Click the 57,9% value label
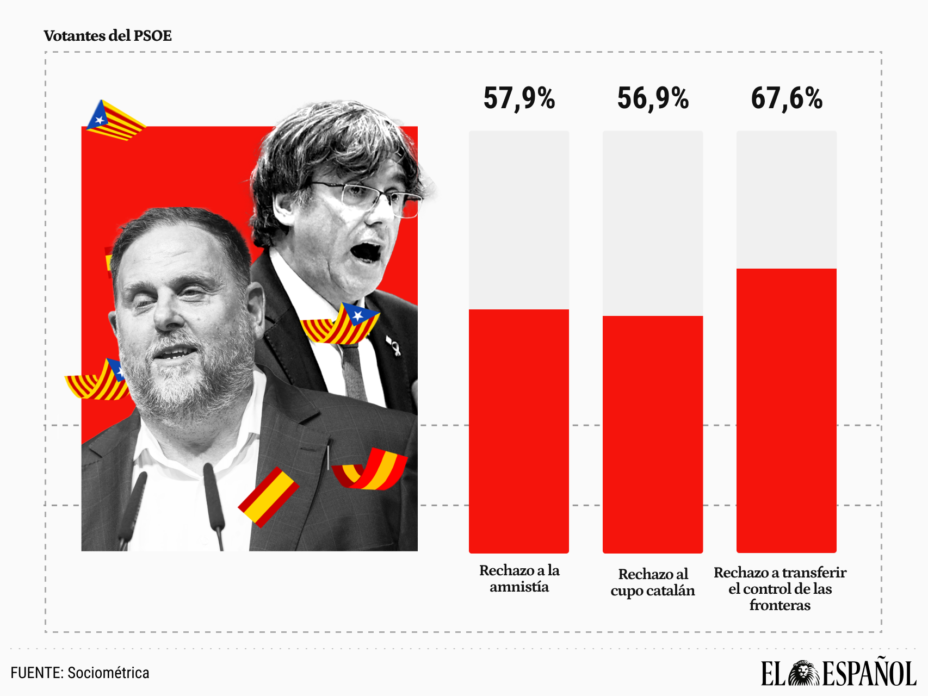(x=519, y=99)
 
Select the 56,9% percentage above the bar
(x=653, y=99)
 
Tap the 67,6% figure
(x=787, y=99)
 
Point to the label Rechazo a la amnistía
(x=519, y=579)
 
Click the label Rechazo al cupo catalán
(x=653, y=582)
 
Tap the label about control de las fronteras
(x=780, y=589)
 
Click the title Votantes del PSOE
(x=108, y=36)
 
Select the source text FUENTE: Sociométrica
(x=80, y=673)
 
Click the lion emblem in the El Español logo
(x=804, y=674)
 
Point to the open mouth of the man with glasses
(x=366, y=252)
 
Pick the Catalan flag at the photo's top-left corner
(x=114, y=121)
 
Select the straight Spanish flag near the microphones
(x=269, y=497)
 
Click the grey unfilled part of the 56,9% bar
(x=653, y=223)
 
